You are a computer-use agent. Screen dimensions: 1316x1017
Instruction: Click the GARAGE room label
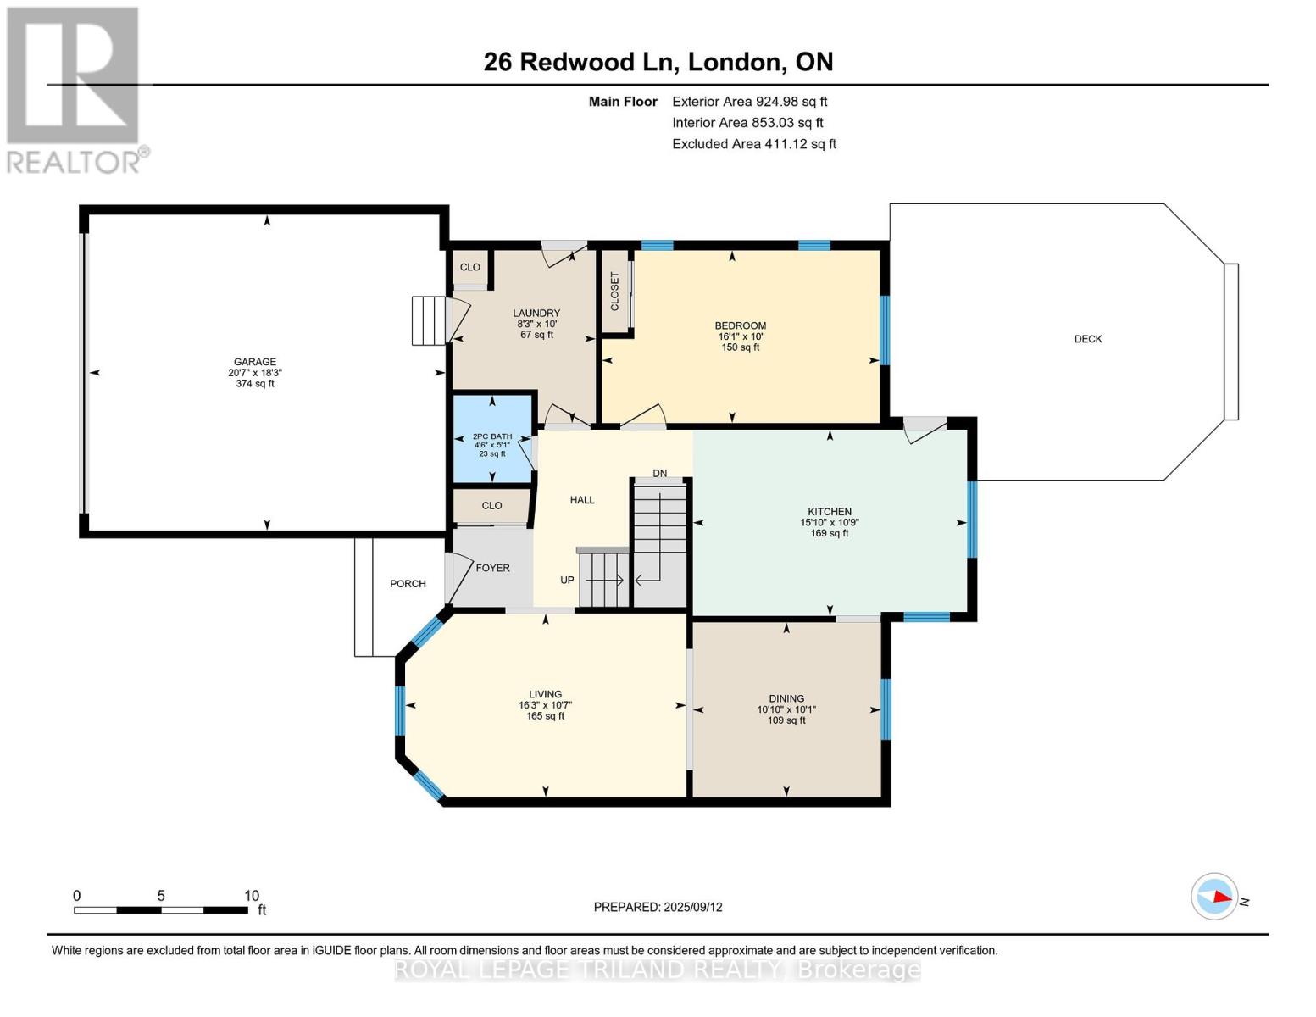pyautogui.click(x=255, y=362)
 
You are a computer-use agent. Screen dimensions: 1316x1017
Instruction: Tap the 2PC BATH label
pyautogui.click(x=492, y=436)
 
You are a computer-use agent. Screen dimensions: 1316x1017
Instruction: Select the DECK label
pyautogui.click(x=1088, y=339)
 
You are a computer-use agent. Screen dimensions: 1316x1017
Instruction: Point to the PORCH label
pyautogui.click(x=408, y=583)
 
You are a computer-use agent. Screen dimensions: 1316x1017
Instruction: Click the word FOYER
pyautogui.click(x=492, y=568)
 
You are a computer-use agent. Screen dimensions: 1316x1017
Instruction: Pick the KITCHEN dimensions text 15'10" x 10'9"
pyautogui.click(x=829, y=522)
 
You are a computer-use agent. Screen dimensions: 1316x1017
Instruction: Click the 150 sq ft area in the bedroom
pyautogui.click(x=740, y=347)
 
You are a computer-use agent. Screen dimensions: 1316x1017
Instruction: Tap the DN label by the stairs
pyautogui.click(x=659, y=473)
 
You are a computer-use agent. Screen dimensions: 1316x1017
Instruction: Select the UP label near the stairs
pyautogui.click(x=567, y=580)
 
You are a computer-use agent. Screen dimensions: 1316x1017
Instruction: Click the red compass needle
pyautogui.click(x=1222, y=897)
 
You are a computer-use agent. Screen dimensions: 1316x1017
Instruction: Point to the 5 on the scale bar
pyautogui.click(x=161, y=895)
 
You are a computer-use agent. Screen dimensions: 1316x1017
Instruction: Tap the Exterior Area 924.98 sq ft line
pyautogui.click(x=749, y=102)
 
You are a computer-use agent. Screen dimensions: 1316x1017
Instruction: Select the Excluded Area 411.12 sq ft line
pyautogui.click(x=754, y=144)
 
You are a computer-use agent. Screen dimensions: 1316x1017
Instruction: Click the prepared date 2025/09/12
pyautogui.click(x=693, y=907)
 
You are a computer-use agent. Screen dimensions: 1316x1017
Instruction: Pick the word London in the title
pyautogui.click(x=733, y=62)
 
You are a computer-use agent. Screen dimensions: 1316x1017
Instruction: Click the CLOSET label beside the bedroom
pyautogui.click(x=614, y=292)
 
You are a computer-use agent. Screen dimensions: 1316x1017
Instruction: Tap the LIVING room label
pyautogui.click(x=545, y=694)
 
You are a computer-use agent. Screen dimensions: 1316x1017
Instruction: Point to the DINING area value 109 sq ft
pyautogui.click(x=786, y=720)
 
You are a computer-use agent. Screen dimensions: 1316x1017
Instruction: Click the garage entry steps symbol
pyautogui.click(x=429, y=321)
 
